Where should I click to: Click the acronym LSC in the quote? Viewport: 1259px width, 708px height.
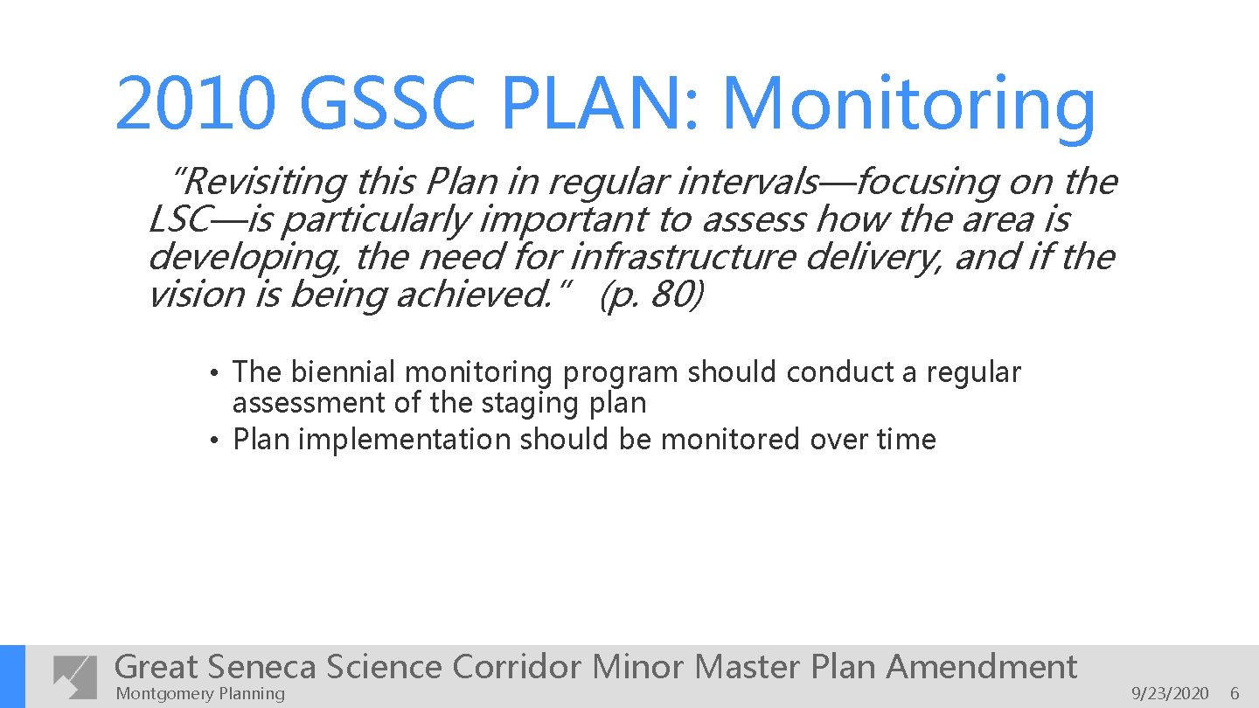click(179, 219)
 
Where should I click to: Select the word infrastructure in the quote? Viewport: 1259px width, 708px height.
click(682, 257)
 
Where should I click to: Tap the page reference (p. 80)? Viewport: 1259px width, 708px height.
click(650, 295)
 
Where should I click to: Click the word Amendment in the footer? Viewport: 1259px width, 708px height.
click(982, 667)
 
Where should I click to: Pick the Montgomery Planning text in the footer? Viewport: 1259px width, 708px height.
click(200, 694)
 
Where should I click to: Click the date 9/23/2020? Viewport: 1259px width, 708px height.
click(1170, 694)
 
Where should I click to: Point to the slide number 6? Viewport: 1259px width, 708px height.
click(1235, 694)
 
